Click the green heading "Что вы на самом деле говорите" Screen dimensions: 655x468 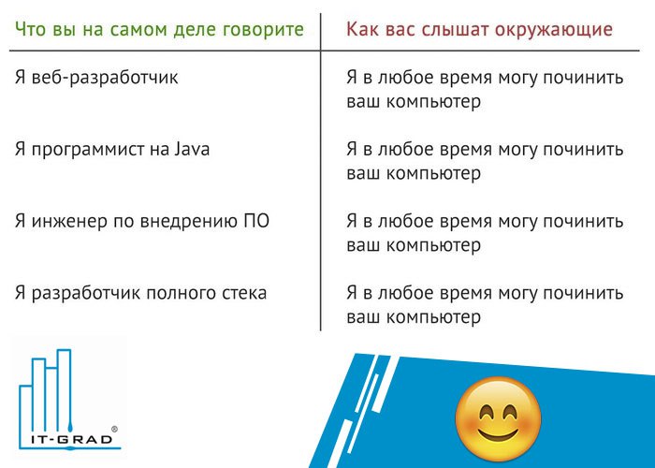click(159, 30)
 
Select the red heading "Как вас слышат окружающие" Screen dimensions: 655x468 click(479, 30)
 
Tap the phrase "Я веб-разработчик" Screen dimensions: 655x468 click(96, 78)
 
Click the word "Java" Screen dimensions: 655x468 click(192, 150)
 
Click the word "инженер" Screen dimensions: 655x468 click(69, 223)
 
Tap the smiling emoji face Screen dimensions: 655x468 click(498, 418)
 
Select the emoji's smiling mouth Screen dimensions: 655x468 click(498, 434)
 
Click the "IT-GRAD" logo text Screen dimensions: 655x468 click(72, 440)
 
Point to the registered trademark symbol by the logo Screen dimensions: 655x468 click(114, 429)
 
